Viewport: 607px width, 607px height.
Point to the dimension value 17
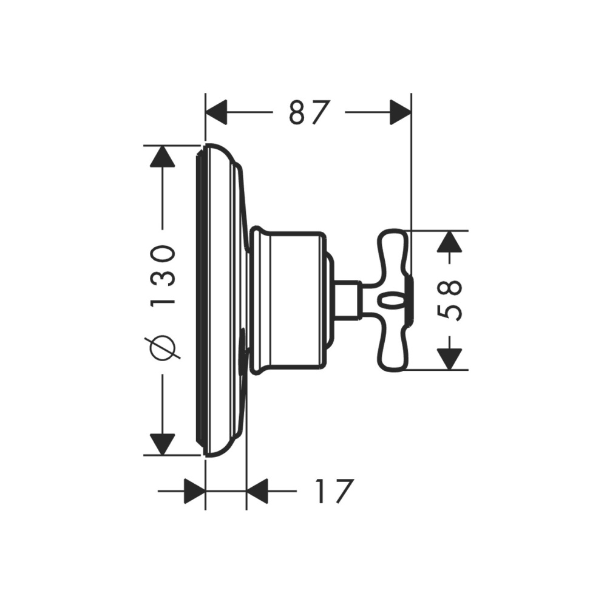334,491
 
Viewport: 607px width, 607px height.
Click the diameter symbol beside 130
163,348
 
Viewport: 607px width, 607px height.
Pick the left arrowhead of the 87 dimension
215,112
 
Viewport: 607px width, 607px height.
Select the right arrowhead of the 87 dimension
400,112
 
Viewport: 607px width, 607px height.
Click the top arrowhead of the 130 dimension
163,157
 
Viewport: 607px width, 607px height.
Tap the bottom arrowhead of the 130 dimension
163,444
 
